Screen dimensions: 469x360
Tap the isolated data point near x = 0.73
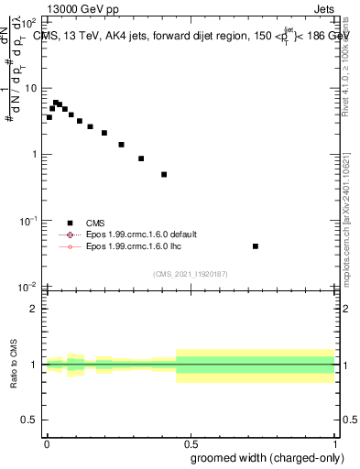click(x=256, y=245)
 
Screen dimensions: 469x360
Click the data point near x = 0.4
click(x=164, y=174)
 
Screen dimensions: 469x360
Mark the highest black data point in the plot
click(x=56, y=103)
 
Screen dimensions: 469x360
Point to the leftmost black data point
click(x=49, y=117)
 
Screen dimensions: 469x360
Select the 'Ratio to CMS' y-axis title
click(x=16, y=365)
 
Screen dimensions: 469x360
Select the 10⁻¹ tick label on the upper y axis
click(x=30, y=221)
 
